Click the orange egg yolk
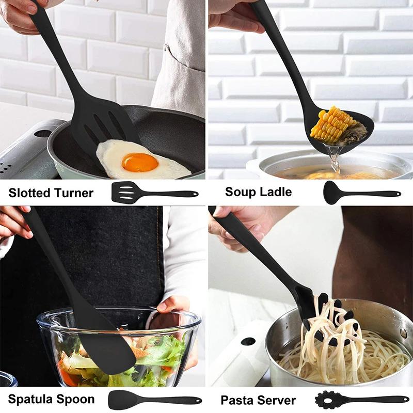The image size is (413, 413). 140,163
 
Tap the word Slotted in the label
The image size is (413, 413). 29,193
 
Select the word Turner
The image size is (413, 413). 73,193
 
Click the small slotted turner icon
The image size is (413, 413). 154,194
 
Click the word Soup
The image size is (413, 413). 242,192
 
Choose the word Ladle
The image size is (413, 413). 277,192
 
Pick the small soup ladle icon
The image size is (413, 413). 361,193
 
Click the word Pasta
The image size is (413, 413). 238,400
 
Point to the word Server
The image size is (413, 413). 277,400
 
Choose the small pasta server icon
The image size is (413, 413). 361,400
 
